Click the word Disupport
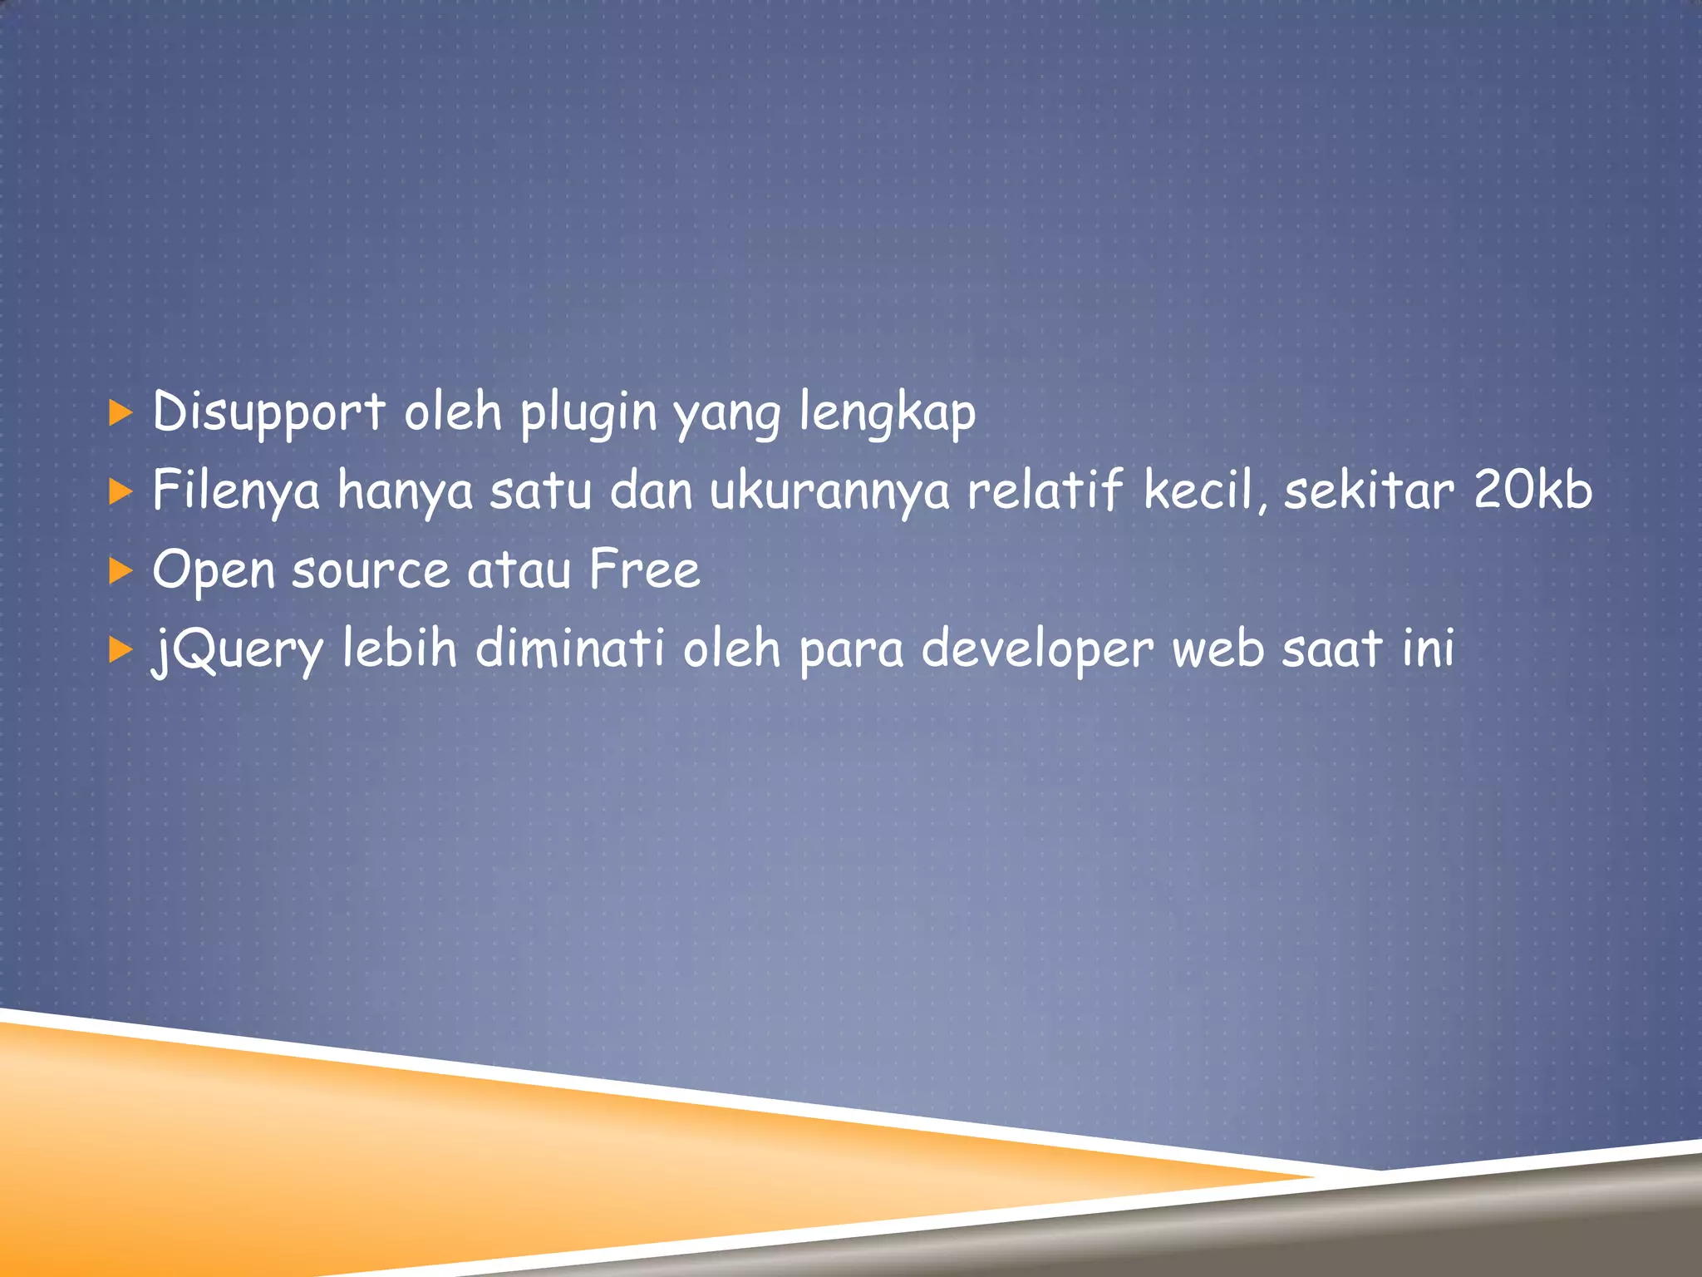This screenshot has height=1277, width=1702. pyautogui.click(x=268, y=413)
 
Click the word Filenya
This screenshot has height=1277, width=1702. pyautogui.click(x=236, y=491)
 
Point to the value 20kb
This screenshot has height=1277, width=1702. pyautogui.click(x=1532, y=490)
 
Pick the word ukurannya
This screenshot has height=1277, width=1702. pyautogui.click(x=829, y=491)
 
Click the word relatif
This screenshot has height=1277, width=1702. pyautogui.click(x=1045, y=490)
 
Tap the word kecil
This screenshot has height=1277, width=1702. pyautogui.click(x=1201, y=490)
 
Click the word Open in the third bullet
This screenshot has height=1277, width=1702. pyautogui.click(x=214, y=571)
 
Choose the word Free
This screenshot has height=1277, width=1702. pyautogui.click(x=644, y=569)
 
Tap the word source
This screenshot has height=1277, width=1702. pyautogui.click(x=371, y=571)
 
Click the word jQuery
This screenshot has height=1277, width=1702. pyautogui.click(x=238, y=650)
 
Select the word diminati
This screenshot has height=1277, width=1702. pyautogui.click(x=569, y=648)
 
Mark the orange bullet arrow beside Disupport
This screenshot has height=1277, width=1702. pyautogui.click(x=121, y=412)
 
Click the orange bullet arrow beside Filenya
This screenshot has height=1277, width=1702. pyautogui.click(x=121, y=491)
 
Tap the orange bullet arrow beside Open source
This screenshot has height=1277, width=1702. pyautogui.click(x=121, y=570)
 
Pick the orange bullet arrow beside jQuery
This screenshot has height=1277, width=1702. pyautogui.click(x=121, y=649)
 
